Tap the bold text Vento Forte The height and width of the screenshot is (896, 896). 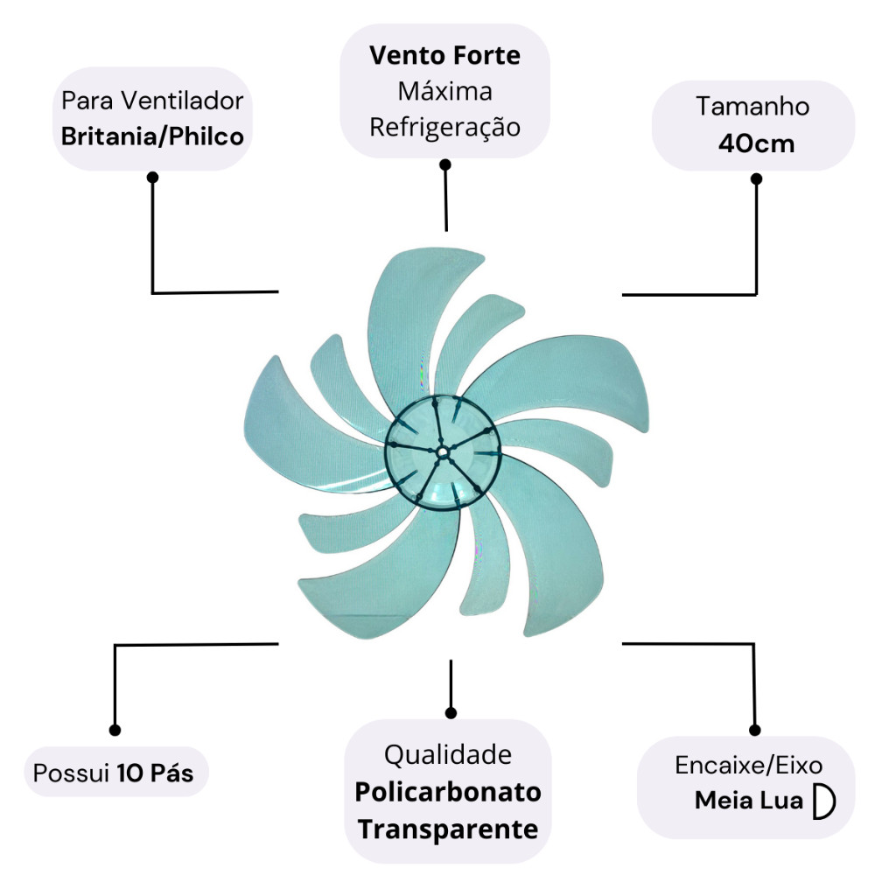[x=444, y=56]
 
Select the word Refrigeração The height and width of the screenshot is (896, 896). [x=444, y=127]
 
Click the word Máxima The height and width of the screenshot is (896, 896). [x=444, y=91]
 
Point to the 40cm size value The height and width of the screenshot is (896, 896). [x=756, y=143]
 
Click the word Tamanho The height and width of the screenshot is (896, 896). [x=752, y=107]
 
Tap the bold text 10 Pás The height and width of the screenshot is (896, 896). [x=155, y=773]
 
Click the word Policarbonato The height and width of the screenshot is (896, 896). [x=448, y=792]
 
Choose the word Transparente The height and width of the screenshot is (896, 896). [x=448, y=829]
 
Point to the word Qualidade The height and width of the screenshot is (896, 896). [x=448, y=754]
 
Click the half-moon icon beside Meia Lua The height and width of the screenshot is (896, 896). [x=823, y=801]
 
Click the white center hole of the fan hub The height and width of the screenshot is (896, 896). [x=442, y=451]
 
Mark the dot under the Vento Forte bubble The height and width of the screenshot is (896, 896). [x=445, y=164]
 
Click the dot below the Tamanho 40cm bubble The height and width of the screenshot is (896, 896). [x=757, y=178]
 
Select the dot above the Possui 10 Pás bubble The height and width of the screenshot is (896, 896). [x=115, y=730]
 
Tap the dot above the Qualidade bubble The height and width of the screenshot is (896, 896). [x=451, y=712]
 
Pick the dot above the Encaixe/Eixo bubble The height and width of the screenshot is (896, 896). [x=755, y=729]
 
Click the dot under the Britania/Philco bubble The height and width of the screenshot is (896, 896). [x=153, y=177]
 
